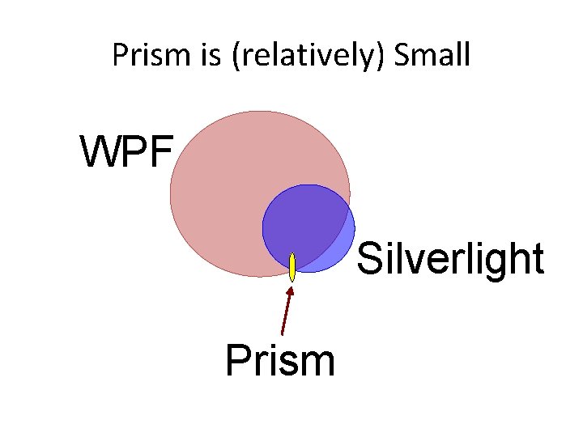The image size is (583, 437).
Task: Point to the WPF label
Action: pos(126,151)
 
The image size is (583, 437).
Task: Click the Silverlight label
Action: pos(449,259)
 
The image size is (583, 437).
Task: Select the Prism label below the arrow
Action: pos(280,360)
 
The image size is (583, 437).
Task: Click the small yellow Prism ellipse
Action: pos(292,267)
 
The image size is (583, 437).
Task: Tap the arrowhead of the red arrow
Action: pos(291,290)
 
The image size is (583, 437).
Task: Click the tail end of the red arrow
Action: pos(282,333)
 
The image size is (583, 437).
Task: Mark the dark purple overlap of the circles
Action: pos(304,223)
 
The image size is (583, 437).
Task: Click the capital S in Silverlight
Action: pos(368,259)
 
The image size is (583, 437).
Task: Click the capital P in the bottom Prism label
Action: pos(236,360)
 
